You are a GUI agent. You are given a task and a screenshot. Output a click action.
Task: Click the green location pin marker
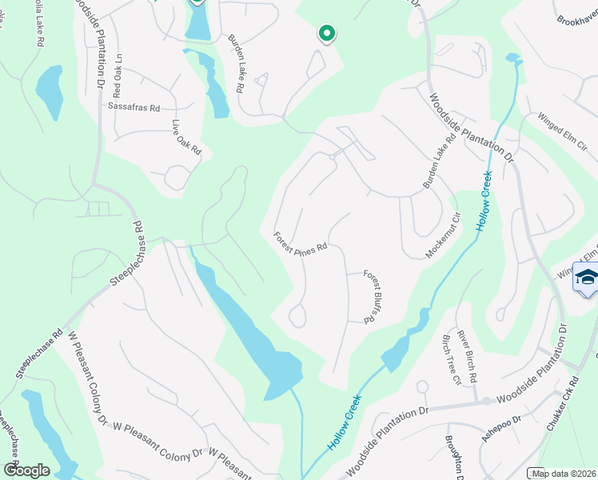(326, 33)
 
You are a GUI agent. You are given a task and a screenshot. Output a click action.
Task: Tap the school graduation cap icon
(587, 277)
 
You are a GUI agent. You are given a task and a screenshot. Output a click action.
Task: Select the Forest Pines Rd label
(301, 242)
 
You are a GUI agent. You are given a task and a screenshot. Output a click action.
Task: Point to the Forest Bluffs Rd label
(370, 296)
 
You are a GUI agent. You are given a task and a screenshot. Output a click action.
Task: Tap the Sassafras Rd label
(134, 107)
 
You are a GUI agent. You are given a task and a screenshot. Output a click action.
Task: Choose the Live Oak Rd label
(186, 138)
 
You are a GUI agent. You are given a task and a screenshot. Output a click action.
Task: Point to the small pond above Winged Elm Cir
(512, 58)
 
